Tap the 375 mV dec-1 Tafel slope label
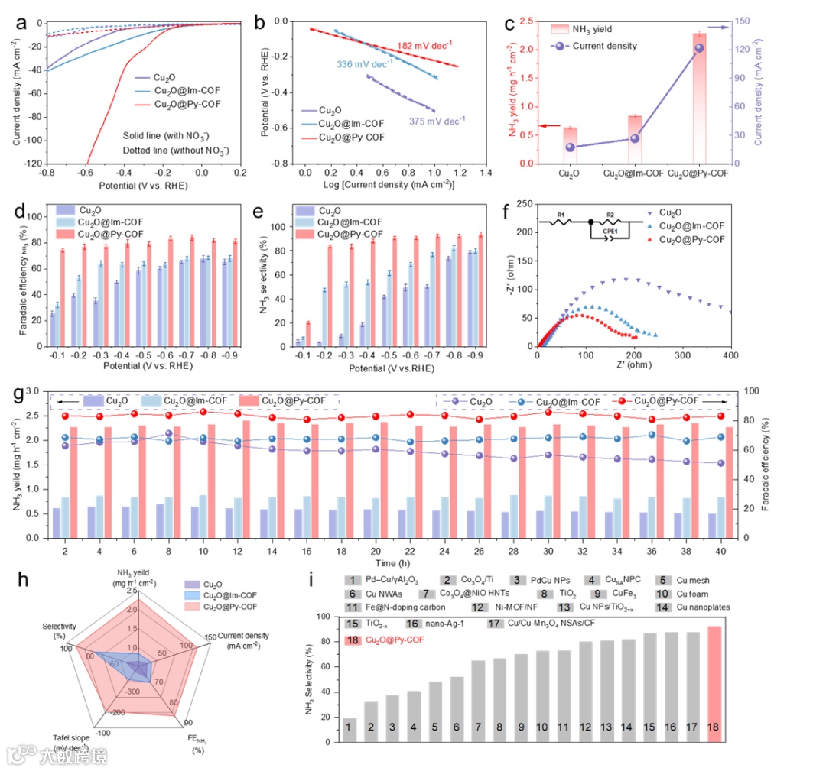click(437, 120)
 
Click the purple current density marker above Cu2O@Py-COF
click(699, 48)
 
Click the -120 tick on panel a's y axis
click(33, 164)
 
